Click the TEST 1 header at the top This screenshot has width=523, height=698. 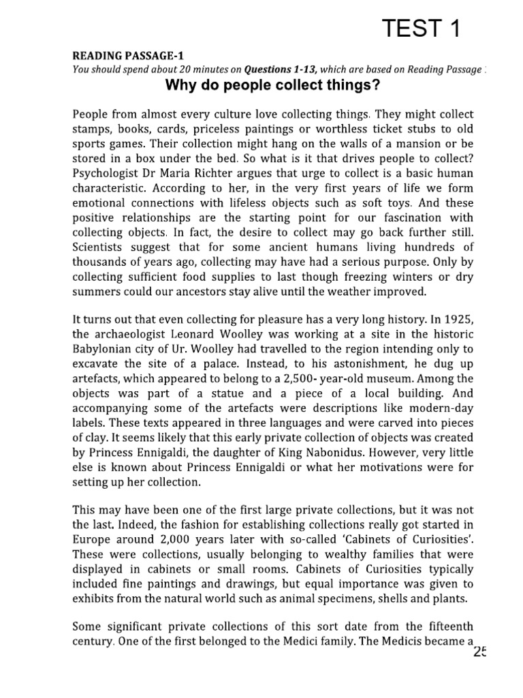(x=421, y=29)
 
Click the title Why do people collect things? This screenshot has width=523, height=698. (x=273, y=87)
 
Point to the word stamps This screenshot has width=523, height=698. (x=92, y=130)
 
